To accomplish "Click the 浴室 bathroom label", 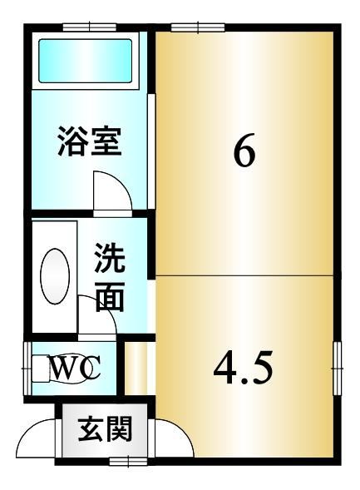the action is [89, 141].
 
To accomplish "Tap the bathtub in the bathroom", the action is [85, 61].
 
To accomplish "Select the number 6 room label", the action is [244, 152].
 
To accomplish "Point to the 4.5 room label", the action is [244, 368].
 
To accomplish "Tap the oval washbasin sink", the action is [55, 276].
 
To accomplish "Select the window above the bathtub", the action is [90, 27].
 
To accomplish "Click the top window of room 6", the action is [198, 27].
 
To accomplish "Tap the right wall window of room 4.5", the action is [338, 369].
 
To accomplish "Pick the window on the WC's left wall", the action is [27, 369].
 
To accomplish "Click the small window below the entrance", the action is [128, 461].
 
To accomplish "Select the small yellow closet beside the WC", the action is [136, 369].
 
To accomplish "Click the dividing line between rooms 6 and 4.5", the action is [244, 275].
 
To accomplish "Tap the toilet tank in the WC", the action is [41, 369].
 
